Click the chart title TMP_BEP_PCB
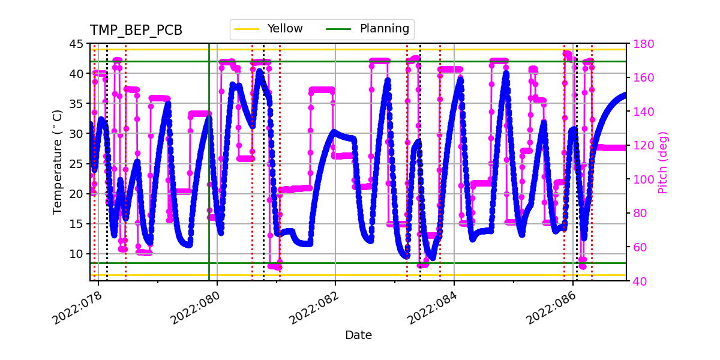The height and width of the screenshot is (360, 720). pyautogui.click(x=136, y=31)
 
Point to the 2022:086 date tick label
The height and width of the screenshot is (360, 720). pyautogui.click(x=550, y=307)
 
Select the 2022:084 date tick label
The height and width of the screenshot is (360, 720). pyautogui.click(x=431, y=307)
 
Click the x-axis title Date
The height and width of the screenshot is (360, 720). pyautogui.click(x=358, y=335)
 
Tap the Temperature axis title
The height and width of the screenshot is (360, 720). pyautogui.click(x=58, y=162)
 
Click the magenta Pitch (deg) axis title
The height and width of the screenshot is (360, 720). pyautogui.click(x=662, y=162)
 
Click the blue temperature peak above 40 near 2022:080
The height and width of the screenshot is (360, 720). pyautogui.click(x=259, y=71)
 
